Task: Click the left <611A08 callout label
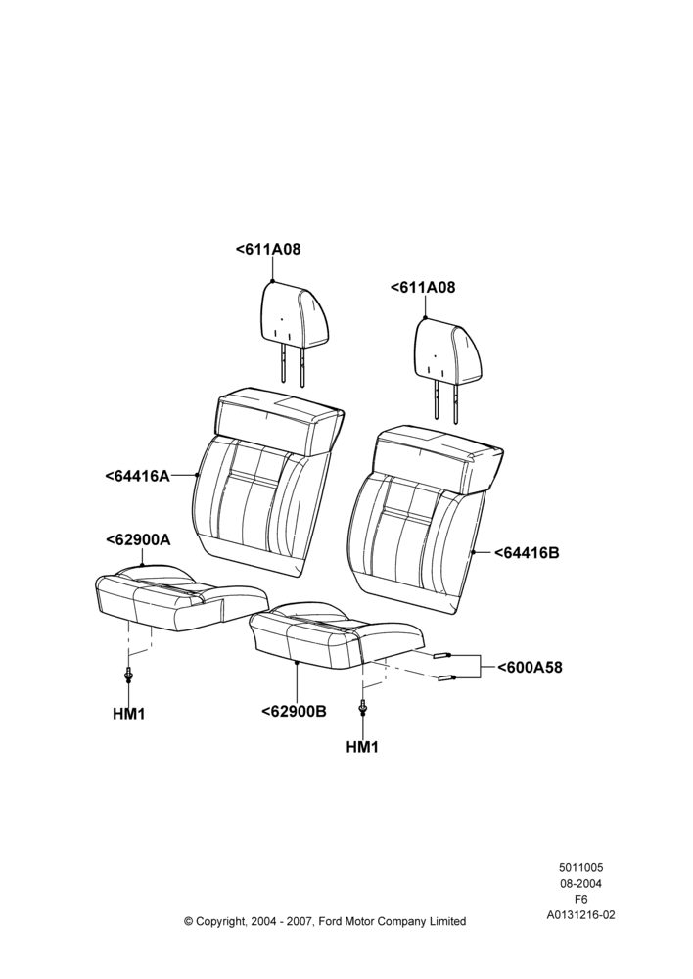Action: point(268,249)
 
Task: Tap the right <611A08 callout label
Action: point(423,287)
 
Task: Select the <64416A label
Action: point(137,476)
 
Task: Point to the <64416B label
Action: point(527,552)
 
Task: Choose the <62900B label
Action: point(294,711)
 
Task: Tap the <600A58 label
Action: point(530,668)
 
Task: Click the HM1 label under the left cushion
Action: point(128,714)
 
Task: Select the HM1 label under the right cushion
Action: point(362,747)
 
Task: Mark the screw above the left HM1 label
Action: point(128,675)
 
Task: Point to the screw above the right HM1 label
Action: point(362,708)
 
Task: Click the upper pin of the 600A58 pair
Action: point(442,655)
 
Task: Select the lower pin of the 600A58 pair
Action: point(447,678)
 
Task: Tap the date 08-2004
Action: point(580,883)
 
